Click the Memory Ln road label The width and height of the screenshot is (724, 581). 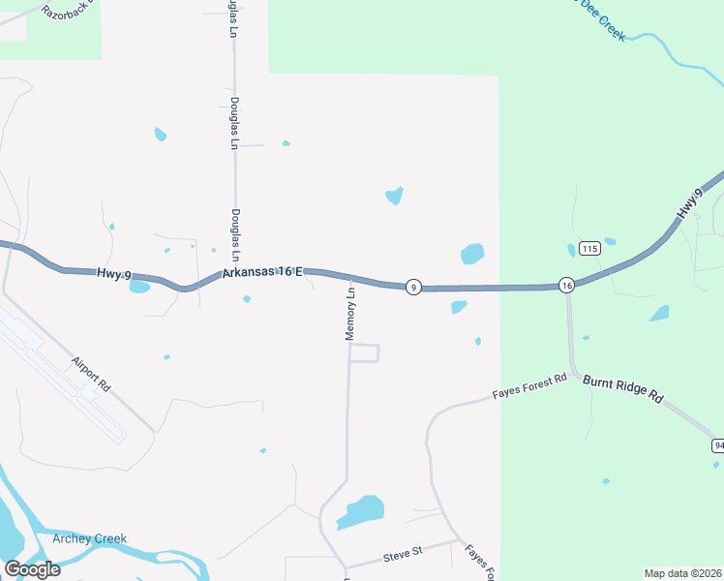[x=351, y=312]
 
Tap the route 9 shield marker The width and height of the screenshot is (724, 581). [x=413, y=287]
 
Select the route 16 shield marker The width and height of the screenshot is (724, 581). [x=566, y=285]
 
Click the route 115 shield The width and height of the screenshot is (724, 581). [x=590, y=249]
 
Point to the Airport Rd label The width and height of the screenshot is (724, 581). [x=91, y=374]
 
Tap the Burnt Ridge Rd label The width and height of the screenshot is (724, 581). [x=622, y=389]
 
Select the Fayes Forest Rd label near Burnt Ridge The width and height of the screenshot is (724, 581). [x=528, y=388]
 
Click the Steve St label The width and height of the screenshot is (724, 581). [x=404, y=553]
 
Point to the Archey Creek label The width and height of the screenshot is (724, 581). [x=90, y=539]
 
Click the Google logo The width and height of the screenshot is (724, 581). [x=32, y=568]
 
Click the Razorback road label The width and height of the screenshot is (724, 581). [x=64, y=11]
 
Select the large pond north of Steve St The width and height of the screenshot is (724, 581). [x=362, y=511]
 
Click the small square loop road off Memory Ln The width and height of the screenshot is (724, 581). [x=363, y=353]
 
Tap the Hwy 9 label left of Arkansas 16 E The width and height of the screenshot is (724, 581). [x=113, y=274]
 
